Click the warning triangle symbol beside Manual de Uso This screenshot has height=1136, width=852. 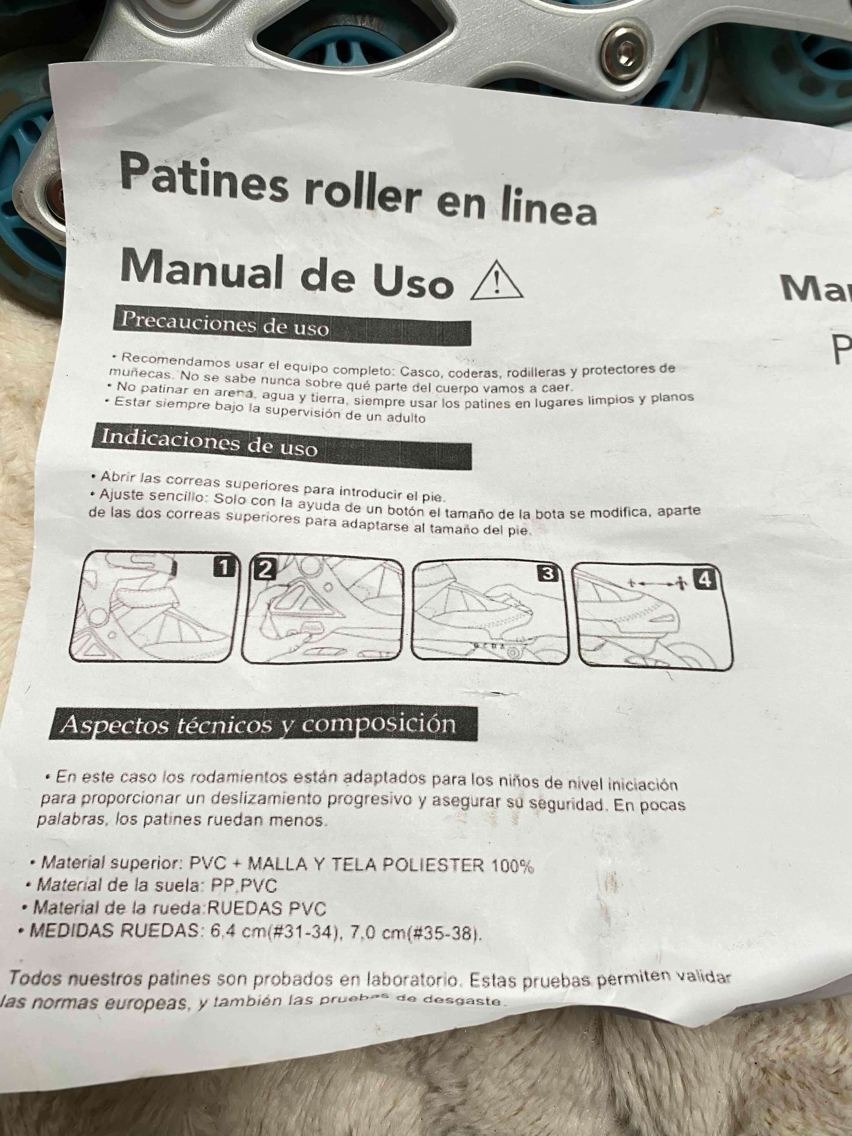tap(497, 281)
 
